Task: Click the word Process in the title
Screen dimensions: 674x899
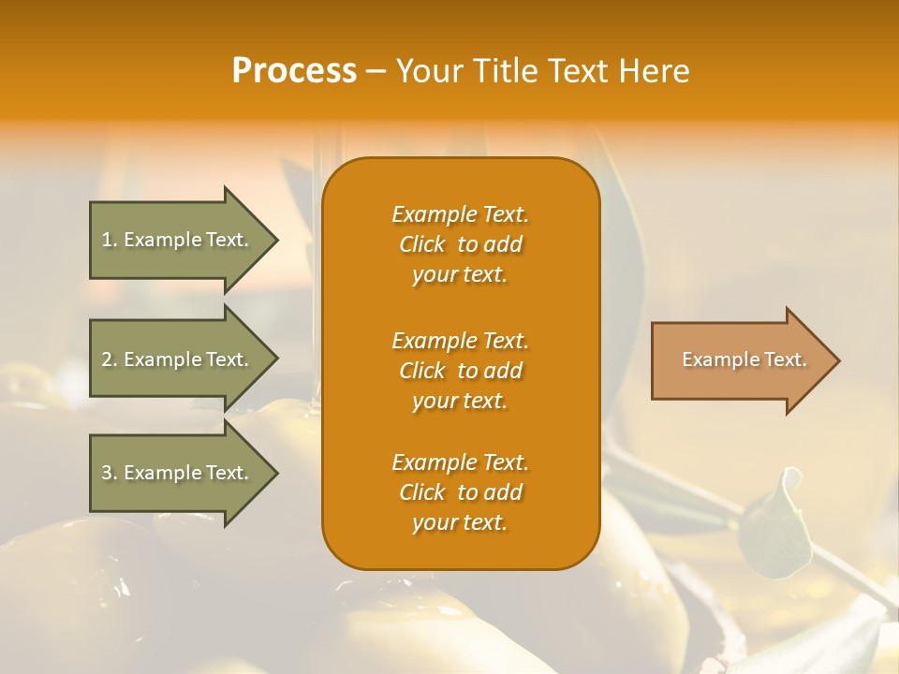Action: pos(294,71)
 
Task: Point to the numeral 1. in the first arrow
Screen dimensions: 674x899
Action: pos(110,240)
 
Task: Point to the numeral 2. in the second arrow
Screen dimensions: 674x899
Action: pos(110,359)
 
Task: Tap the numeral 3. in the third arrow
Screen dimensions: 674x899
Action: pos(110,473)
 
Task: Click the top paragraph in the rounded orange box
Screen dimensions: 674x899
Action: pos(460,244)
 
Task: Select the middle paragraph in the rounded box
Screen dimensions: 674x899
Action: pos(460,371)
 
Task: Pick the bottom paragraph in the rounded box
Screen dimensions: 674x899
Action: pos(460,492)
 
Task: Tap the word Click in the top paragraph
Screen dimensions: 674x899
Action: pos(421,244)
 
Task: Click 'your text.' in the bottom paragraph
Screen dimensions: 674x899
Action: pos(460,522)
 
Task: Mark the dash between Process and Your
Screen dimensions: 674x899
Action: pos(376,71)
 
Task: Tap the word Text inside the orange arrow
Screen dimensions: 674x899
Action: pos(784,359)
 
